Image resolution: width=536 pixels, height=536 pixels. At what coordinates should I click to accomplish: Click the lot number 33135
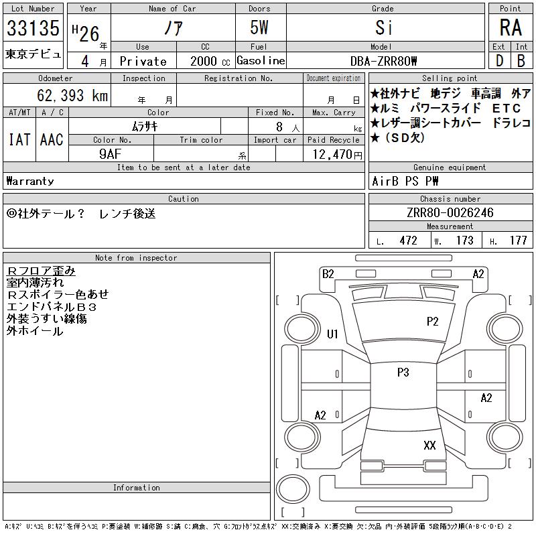tap(33, 27)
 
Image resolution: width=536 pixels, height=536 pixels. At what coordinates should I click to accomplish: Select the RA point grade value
tap(511, 27)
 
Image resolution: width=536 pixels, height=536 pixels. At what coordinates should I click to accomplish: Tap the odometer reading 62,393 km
tap(72, 95)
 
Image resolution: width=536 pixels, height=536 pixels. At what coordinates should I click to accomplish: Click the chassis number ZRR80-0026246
tap(450, 212)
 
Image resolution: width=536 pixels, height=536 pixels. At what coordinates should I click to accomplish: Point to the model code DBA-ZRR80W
tap(383, 61)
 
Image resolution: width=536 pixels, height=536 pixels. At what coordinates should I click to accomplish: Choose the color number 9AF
tap(111, 154)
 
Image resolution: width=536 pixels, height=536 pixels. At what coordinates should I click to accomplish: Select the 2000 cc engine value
tap(210, 61)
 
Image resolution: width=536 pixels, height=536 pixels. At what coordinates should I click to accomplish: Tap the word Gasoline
tap(261, 60)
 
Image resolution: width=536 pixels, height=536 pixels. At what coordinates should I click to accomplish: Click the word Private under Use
tap(143, 61)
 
